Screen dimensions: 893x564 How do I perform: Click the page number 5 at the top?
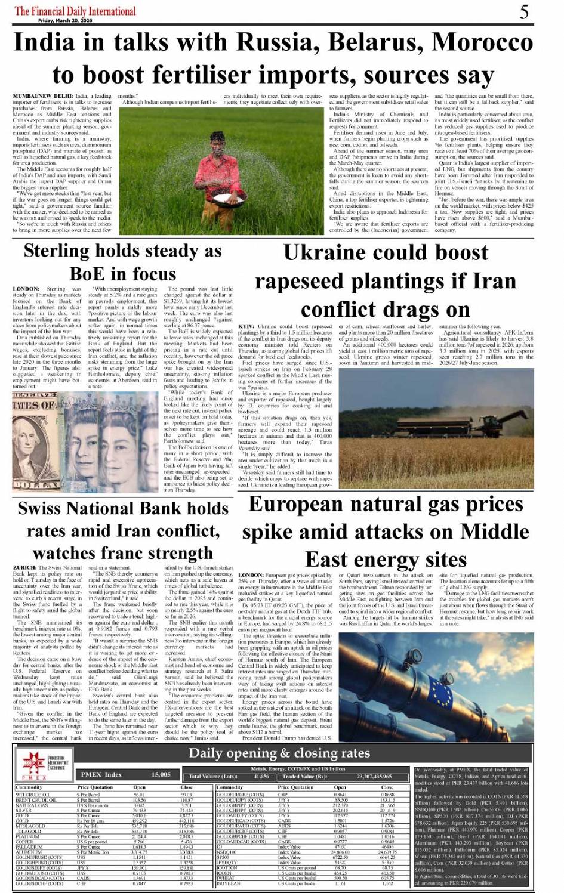tap(523, 12)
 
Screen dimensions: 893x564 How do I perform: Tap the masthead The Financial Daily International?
tap(75, 11)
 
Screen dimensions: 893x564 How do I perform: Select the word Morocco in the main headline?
tap(483, 43)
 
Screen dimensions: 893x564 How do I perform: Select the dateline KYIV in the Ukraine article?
tap(246, 327)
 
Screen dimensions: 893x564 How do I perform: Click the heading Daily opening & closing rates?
tap(279, 753)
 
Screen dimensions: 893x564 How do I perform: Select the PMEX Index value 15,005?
tap(161, 774)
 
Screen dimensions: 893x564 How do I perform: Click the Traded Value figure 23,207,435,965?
tap(374, 777)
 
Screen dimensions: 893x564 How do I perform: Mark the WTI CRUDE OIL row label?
tap(33, 795)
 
